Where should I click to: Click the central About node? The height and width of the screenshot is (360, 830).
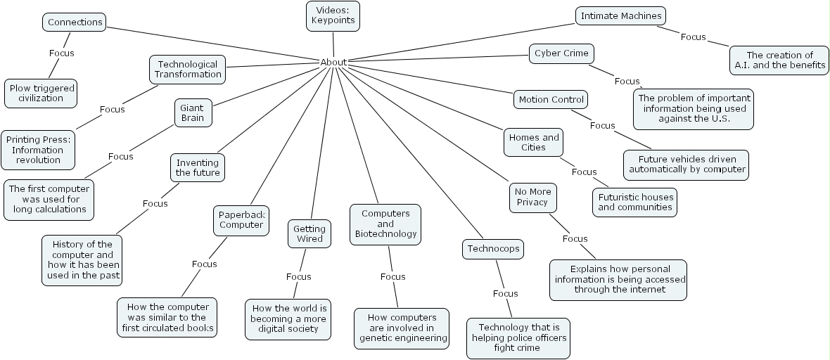[x=333, y=62]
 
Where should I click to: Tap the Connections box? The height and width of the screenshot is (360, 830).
[x=75, y=22]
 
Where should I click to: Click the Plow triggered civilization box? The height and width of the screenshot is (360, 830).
[x=41, y=93]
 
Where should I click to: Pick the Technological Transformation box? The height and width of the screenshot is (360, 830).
[x=188, y=69]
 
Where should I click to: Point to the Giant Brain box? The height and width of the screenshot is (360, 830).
[x=192, y=112]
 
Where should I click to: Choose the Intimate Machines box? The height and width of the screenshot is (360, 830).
[x=620, y=15]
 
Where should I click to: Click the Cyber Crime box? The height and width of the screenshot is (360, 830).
[x=561, y=53]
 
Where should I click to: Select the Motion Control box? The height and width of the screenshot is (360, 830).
[x=551, y=100]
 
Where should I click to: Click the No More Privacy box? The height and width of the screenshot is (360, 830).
[x=532, y=197]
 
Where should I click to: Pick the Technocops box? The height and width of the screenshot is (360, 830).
[x=494, y=248]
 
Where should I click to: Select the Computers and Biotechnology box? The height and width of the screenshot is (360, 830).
[x=385, y=224]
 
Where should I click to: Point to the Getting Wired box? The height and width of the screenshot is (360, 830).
[x=309, y=233]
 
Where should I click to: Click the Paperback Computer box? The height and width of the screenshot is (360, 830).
[x=241, y=220]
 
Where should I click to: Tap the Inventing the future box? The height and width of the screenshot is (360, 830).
[x=198, y=167]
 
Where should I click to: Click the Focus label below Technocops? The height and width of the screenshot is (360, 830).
[x=505, y=293]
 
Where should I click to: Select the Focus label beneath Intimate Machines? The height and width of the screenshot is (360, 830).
[x=693, y=37]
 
